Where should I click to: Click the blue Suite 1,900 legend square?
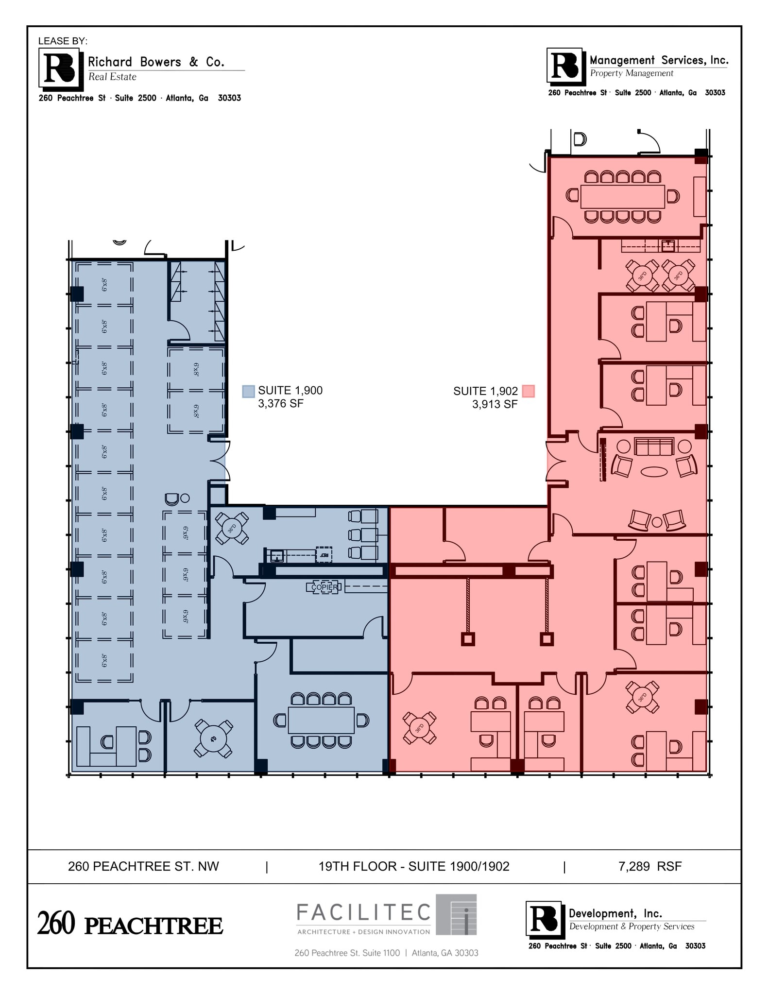tap(248, 392)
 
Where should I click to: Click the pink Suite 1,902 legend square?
tap(528, 392)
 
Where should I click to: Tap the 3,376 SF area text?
tap(281, 404)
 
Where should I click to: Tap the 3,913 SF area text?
tap(495, 404)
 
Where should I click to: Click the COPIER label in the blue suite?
tap(325, 587)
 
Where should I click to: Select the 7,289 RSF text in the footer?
tap(650, 866)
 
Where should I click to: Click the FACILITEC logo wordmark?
tap(363, 912)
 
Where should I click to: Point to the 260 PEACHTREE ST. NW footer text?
tap(143, 866)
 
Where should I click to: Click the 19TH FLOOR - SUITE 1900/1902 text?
tap(414, 866)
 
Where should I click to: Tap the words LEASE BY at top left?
tap(63, 41)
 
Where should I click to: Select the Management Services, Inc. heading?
tap(659, 60)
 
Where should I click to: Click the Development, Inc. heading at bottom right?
tap(615, 913)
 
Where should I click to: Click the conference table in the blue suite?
tap(321, 721)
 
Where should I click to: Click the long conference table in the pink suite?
tap(622, 196)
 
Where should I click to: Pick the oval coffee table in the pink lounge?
tap(654, 472)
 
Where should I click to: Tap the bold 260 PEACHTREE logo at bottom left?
tap(130, 925)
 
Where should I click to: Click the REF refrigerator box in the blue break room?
tap(324, 554)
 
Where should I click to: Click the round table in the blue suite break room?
tap(232, 528)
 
